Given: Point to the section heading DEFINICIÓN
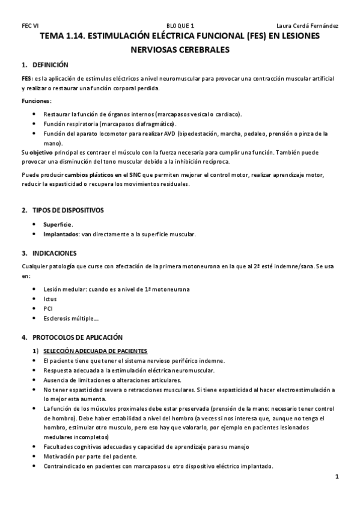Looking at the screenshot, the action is click(x=50, y=64).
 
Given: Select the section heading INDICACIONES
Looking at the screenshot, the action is click(x=55, y=253).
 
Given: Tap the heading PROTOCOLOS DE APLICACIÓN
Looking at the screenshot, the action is click(x=77, y=337).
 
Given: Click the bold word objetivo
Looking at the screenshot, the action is click(x=41, y=152).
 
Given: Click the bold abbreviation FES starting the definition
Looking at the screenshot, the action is click(x=26, y=79).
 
